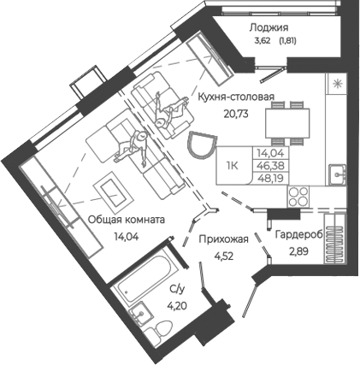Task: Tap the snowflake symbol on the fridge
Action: point(337,84)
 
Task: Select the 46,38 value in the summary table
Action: point(272,168)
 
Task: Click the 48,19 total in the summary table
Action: point(272,180)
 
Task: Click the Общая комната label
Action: point(127,219)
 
